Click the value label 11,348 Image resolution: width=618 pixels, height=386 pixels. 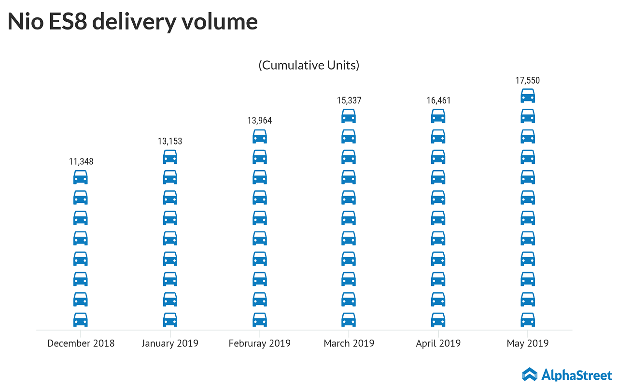(x=81, y=161)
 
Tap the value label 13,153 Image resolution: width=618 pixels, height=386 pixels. (x=170, y=141)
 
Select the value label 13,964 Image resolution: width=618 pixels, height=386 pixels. (x=260, y=121)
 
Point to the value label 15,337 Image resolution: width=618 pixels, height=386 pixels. (x=349, y=100)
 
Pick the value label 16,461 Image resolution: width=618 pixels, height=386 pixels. (x=438, y=100)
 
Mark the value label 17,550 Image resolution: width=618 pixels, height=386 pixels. (x=528, y=80)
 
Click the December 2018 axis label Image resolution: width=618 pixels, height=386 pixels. (x=81, y=343)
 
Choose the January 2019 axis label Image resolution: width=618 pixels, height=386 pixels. (x=170, y=343)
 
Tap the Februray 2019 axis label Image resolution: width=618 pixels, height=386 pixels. (x=260, y=343)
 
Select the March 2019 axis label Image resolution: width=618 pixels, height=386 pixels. (x=349, y=343)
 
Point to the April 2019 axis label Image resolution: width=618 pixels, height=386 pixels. (x=438, y=343)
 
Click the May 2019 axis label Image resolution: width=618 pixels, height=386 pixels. (x=528, y=343)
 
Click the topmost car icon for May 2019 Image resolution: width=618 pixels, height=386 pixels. (x=528, y=96)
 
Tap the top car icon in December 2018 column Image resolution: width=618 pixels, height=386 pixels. (x=81, y=177)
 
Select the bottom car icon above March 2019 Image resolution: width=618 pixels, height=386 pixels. (x=349, y=319)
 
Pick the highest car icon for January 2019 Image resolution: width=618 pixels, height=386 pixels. (x=170, y=157)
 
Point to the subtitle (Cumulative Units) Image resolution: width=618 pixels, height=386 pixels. (x=309, y=65)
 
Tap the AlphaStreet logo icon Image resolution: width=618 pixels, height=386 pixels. (x=530, y=374)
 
